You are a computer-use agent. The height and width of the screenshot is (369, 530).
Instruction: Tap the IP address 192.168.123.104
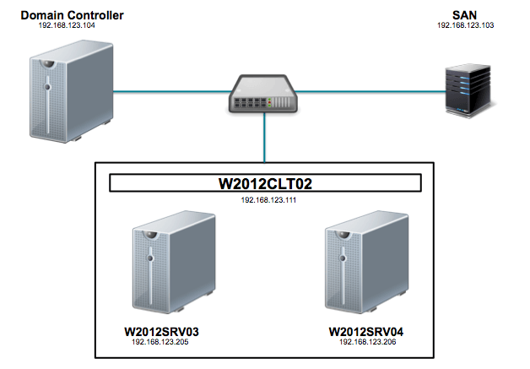tap(68, 25)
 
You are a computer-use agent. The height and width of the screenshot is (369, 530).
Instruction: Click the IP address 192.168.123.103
tap(465, 25)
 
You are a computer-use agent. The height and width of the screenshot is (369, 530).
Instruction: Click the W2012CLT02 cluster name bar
tap(265, 183)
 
